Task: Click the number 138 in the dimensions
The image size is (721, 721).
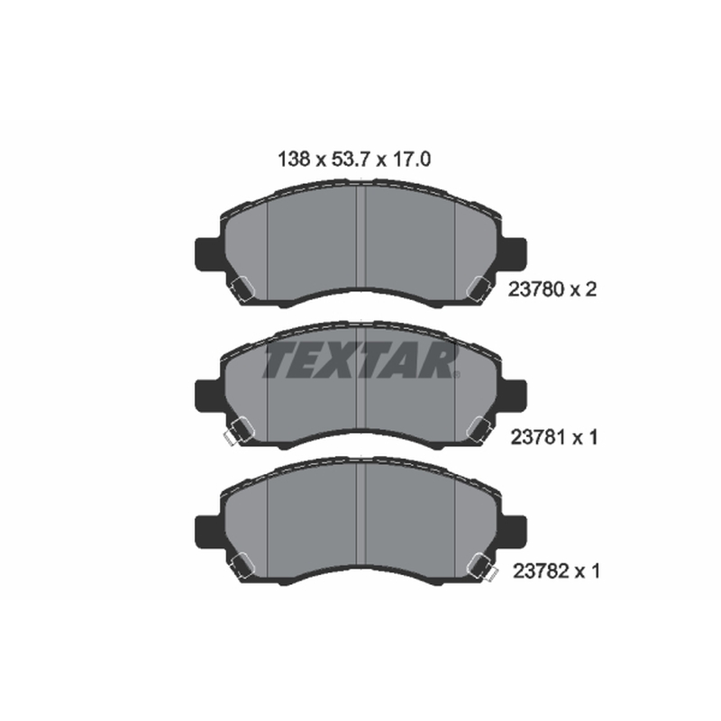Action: [295, 160]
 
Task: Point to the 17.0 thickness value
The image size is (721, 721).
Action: [411, 160]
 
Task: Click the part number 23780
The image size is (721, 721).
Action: [535, 289]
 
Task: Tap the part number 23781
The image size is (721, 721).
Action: [538, 437]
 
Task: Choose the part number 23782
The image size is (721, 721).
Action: [540, 571]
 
